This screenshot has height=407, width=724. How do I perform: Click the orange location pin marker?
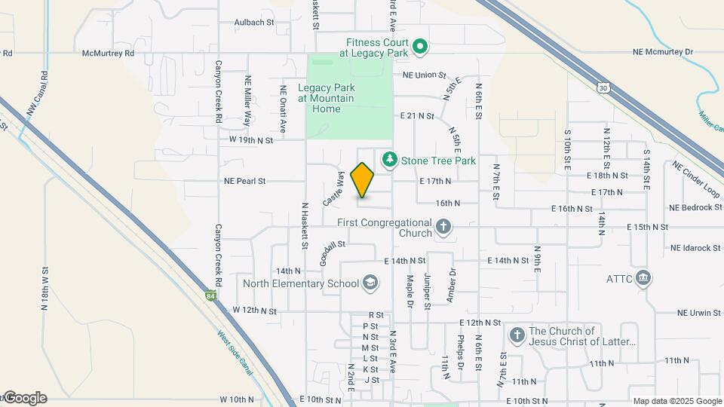(363, 180)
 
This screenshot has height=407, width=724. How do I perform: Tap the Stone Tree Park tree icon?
(389, 160)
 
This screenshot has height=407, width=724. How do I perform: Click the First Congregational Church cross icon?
(444, 227)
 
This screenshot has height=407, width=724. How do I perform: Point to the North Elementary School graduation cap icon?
(370, 283)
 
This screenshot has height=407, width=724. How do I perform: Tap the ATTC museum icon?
(643, 278)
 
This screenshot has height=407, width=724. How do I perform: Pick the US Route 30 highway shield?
(602, 87)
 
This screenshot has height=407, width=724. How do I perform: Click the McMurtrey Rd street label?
(108, 54)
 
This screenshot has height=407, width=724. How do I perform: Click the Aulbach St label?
(253, 23)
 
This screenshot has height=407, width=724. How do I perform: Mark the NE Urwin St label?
(700, 313)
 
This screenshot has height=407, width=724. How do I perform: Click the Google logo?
(24, 398)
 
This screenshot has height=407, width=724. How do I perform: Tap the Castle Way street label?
(333, 189)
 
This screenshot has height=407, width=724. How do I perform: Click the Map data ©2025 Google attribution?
(676, 401)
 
